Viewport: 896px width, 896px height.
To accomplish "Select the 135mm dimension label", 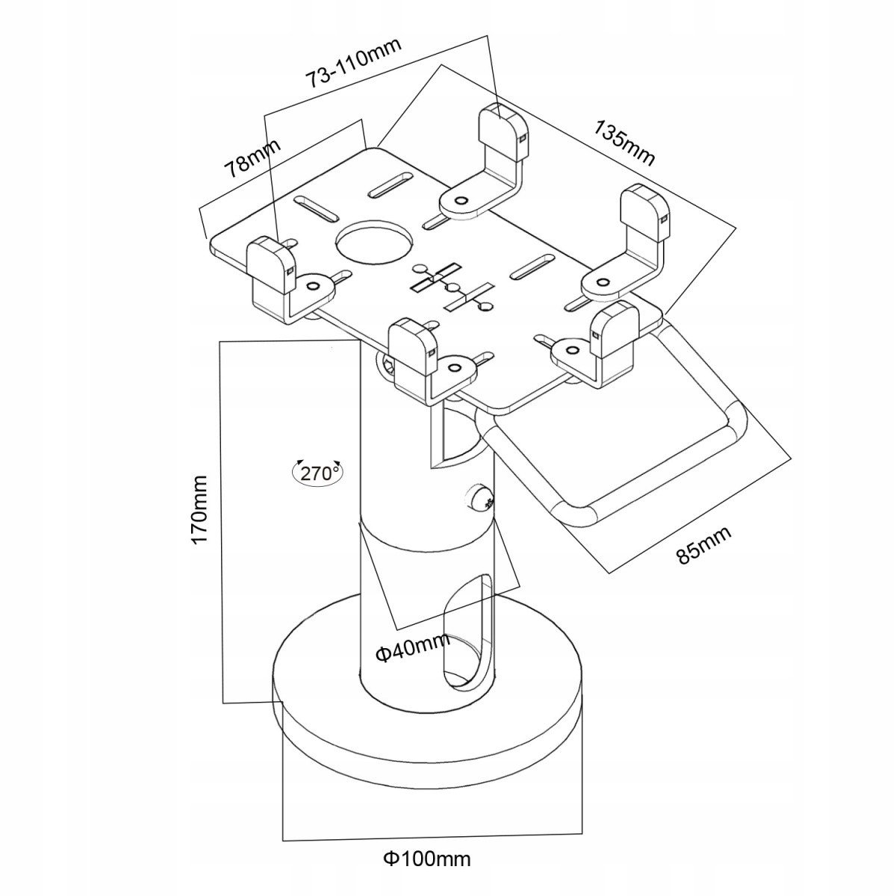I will pos(624,143).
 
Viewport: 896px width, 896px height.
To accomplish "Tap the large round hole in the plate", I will pos(374,241).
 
